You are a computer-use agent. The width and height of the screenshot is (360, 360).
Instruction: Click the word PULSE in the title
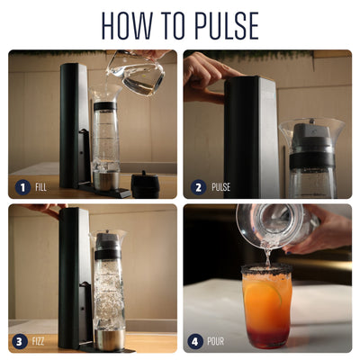pyautogui.click(x=226, y=25)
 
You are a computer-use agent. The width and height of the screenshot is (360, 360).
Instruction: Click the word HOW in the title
pyautogui.click(x=127, y=25)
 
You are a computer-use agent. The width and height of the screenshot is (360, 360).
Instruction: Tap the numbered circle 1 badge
pyautogui.click(x=22, y=187)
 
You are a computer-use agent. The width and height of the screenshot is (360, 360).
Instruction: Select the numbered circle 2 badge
pyautogui.click(x=199, y=187)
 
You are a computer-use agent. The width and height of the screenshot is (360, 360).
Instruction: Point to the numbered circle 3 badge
pyautogui.click(x=20, y=341)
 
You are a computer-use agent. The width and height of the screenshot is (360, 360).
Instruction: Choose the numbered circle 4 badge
pyautogui.click(x=195, y=342)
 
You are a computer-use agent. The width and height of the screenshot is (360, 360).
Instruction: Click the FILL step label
pyautogui.click(x=40, y=187)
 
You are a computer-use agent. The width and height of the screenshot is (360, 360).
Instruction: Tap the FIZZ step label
pyautogui.click(x=38, y=341)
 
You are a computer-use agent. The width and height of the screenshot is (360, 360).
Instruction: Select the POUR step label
pyautogui.click(x=216, y=342)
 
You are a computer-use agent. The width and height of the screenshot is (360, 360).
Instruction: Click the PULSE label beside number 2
pyautogui.click(x=221, y=187)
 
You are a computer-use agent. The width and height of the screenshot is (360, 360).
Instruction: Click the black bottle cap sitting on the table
pyautogui.click(x=145, y=184)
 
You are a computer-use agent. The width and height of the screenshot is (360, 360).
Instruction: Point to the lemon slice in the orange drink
pyautogui.click(x=264, y=295)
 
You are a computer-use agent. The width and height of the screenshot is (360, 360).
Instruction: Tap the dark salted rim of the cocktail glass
pyautogui.click(x=266, y=269)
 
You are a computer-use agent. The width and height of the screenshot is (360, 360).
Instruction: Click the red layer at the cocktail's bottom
pyautogui.click(x=266, y=337)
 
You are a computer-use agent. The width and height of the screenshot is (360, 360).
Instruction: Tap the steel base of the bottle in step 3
pyautogui.click(x=110, y=340)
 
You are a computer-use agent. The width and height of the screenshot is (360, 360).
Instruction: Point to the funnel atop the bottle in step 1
pyautogui.click(x=105, y=93)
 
